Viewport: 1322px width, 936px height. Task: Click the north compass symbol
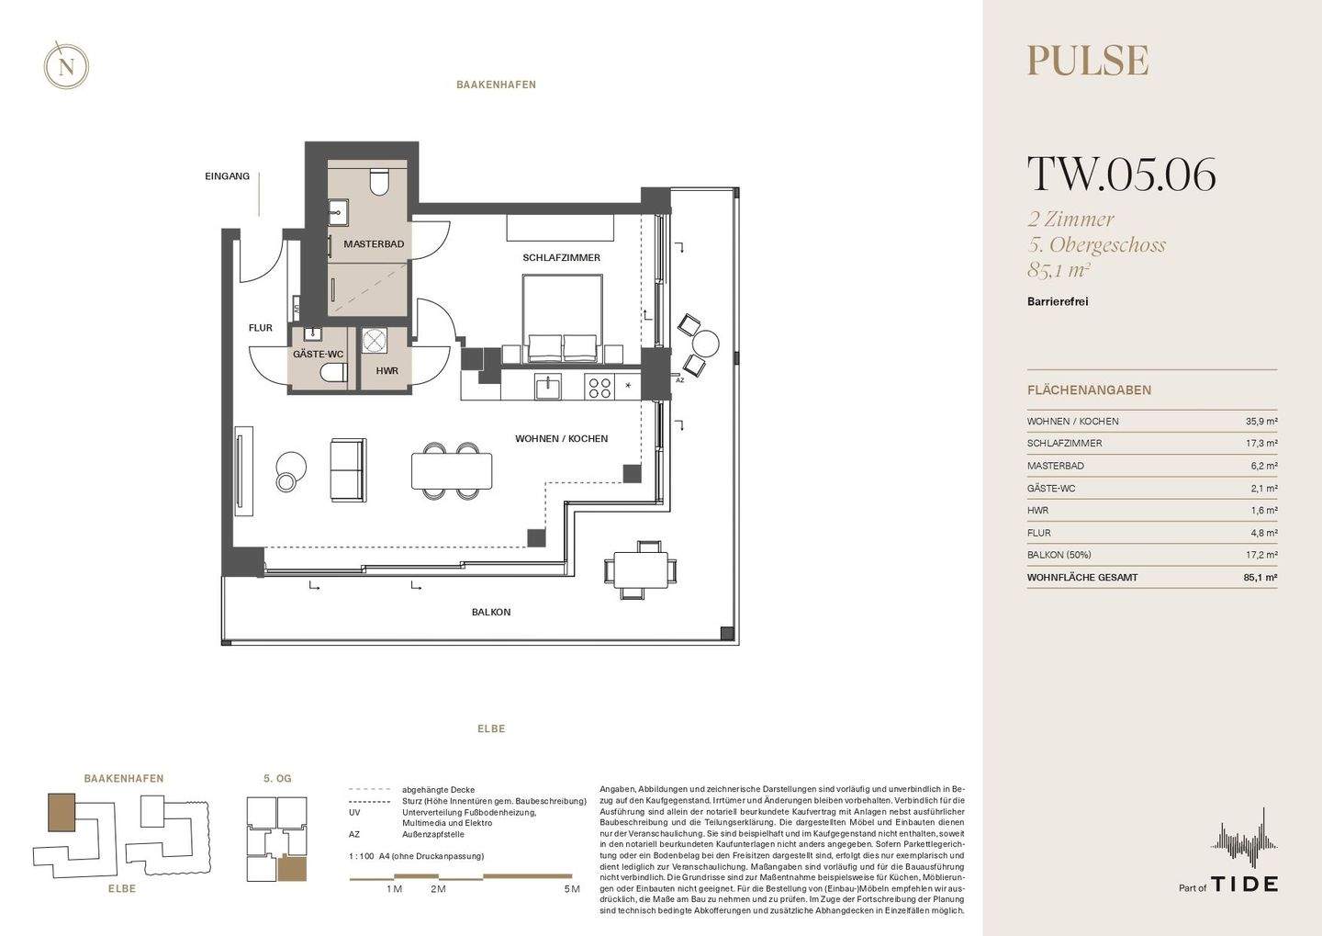tap(66, 65)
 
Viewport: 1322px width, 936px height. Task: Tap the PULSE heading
tap(1088, 61)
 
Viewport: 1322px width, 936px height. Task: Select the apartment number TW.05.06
tap(1121, 174)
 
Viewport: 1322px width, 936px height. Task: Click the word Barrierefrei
tap(1058, 301)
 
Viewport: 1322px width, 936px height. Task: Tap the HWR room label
tap(387, 371)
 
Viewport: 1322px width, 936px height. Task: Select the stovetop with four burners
tap(599, 387)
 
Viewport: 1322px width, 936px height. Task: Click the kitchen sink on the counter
tap(549, 387)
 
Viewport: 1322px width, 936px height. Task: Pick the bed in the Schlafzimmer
tap(563, 318)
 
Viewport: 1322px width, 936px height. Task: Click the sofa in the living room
tap(348, 470)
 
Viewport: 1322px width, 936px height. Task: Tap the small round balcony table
tap(705, 343)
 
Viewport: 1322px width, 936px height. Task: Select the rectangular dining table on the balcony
tap(642, 569)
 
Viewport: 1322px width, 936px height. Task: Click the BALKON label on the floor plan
tap(491, 613)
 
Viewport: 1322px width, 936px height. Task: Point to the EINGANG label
tap(228, 176)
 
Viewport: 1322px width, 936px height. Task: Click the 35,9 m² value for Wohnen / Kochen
tap(1261, 421)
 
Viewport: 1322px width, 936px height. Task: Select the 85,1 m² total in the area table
tap(1260, 578)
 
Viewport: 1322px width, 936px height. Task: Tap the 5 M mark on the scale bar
tap(572, 889)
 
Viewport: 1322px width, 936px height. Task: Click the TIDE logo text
tap(1245, 884)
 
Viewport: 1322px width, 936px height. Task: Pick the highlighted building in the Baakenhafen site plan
tap(62, 812)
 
